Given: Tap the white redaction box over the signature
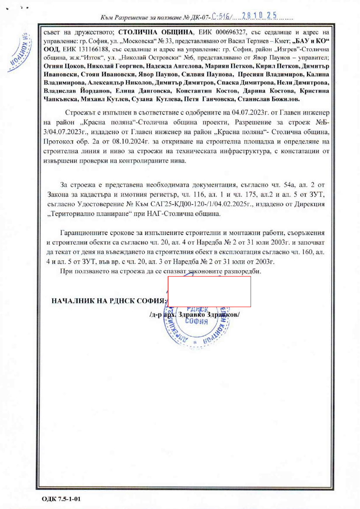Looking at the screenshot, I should pos(209,291).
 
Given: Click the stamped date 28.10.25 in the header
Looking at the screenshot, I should pos(259,17).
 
